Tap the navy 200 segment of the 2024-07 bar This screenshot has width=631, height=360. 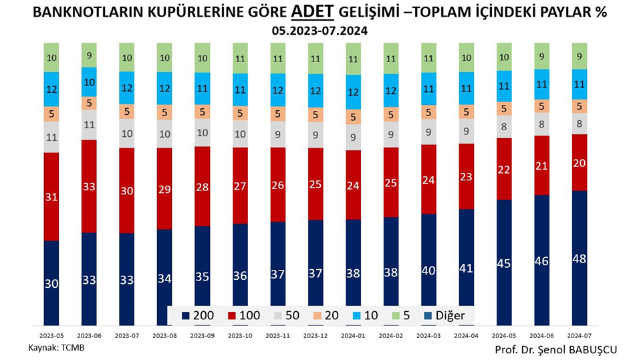pyautogui.click(x=580, y=258)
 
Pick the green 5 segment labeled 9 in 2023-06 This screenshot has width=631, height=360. pyautogui.click(x=89, y=55)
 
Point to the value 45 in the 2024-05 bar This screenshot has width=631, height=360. pyautogui.click(x=504, y=263)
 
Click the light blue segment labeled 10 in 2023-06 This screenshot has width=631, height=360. pyautogui.click(x=89, y=82)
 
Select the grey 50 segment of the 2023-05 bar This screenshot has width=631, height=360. pyautogui.click(x=51, y=138)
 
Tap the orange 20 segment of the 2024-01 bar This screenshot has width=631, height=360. pyautogui.click(x=353, y=118)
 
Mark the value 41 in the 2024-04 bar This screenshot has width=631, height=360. pyautogui.click(x=467, y=268)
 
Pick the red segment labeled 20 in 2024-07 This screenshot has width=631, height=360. pyautogui.click(x=580, y=162)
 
